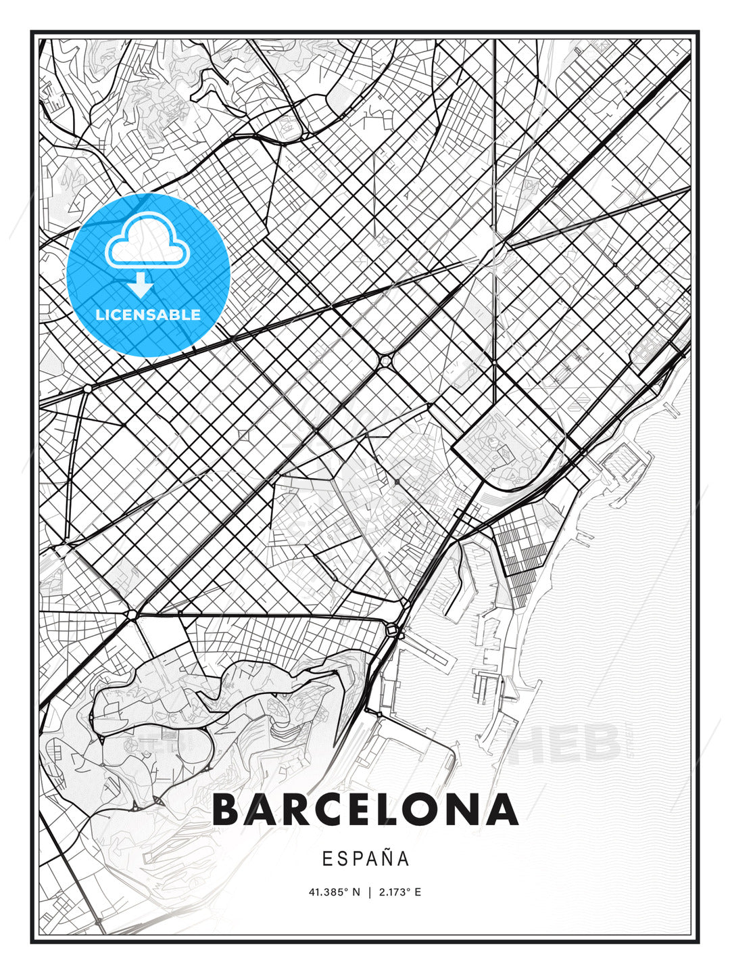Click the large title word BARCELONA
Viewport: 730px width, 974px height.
[x=365, y=810]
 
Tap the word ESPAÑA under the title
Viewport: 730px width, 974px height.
[x=365, y=859]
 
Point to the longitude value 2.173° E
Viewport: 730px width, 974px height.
[x=399, y=892]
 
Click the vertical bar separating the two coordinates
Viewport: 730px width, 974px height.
[x=370, y=892]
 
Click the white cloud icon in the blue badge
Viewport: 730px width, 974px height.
[x=147, y=241]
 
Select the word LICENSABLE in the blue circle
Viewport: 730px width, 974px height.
[x=148, y=315]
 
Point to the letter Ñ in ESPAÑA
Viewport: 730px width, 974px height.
[x=387, y=858]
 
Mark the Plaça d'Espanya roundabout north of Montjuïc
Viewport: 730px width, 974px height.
[x=132, y=614]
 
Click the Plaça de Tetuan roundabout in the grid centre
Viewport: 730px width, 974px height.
[x=385, y=362]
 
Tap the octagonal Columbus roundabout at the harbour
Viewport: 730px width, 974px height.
[x=392, y=630]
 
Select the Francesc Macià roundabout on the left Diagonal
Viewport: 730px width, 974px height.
[x=87, y=389]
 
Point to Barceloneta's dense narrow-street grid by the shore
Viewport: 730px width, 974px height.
[x=524, y=548]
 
